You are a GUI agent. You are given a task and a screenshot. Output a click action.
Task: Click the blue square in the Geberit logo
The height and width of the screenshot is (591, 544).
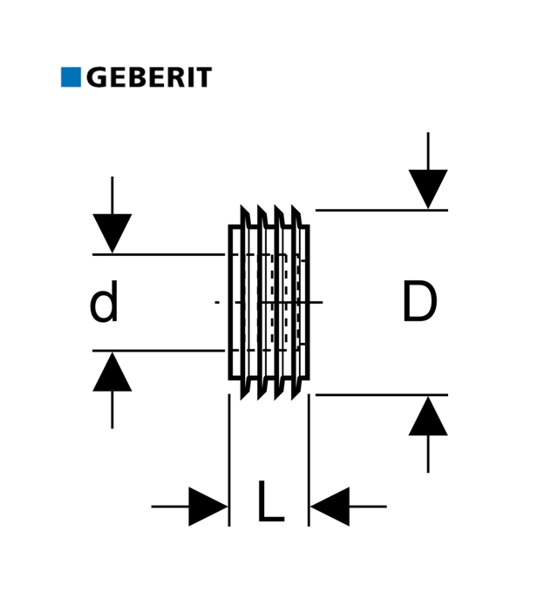coord(71,77)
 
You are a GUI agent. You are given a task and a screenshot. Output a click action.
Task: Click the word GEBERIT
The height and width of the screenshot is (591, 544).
coord(148,77)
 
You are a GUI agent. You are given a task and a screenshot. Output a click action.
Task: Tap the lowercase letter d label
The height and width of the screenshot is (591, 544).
coord(105,305)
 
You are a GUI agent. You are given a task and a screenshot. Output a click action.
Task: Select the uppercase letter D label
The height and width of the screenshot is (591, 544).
coord(419,304)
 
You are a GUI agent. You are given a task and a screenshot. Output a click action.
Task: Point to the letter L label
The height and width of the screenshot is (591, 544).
coord(269,504)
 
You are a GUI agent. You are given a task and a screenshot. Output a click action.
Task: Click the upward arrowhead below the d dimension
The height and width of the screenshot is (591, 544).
coord(112,372)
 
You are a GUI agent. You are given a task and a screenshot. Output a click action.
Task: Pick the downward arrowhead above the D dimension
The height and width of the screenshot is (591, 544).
coord(428,188)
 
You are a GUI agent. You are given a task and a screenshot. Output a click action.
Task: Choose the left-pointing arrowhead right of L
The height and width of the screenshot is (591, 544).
coord(330,507)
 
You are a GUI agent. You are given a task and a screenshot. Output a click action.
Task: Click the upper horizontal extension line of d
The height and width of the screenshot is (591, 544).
coord(157,254)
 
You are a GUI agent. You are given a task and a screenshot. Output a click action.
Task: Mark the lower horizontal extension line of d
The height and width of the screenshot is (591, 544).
coord(157,351)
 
